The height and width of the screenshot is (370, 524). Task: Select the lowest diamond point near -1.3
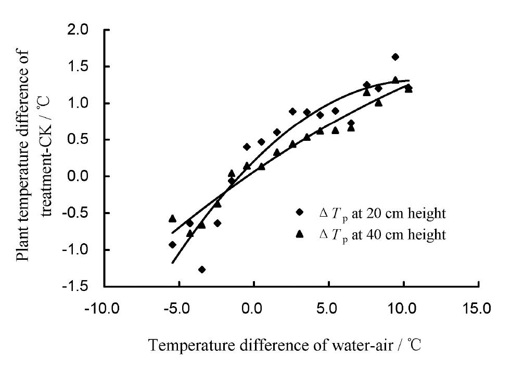(x=202, y=269)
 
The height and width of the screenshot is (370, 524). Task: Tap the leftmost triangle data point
(x=172, y=219)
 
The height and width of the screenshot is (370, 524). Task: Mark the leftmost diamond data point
(x=172, y=245)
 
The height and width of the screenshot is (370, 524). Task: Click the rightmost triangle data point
(x=408, y=89)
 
